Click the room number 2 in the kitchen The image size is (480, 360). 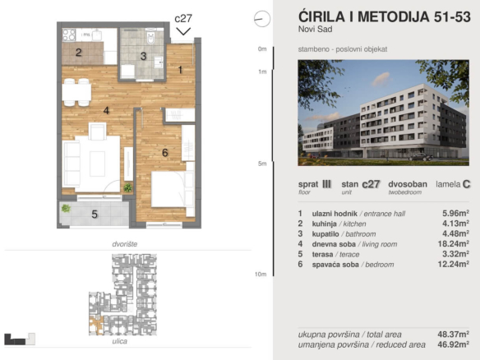pos(79,53)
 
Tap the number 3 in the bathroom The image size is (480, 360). pos(143,57)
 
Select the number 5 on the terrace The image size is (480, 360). pos(95,215)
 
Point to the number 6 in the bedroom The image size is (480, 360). pos(165,152)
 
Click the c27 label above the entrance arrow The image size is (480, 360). pos(183,19)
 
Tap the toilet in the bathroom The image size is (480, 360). pos(151,36)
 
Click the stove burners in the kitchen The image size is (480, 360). pos(69,35)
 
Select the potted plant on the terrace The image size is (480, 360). pos(66,209)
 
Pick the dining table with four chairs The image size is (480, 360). pos(76,92)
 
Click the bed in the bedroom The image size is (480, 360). pos(173,189)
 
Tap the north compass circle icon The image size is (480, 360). pos(262,19)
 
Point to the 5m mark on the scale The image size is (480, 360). pos(262,164)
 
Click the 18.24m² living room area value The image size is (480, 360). pos(454,243)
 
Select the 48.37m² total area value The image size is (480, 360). pos(454,334)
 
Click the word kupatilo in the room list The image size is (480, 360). pos(325,234)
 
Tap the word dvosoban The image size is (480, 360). pos(408,184)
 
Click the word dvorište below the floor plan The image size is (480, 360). pos(125,244)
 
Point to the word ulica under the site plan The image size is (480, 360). pos(120,341)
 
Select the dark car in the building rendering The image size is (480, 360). pos(420,157)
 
